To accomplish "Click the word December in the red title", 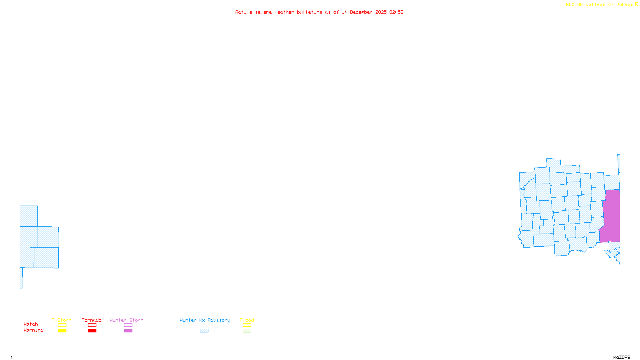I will (x=361, y=12).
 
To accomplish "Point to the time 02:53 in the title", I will (x=396, y=12).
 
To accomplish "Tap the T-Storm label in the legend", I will (x=62, y=320).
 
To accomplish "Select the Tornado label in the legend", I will (x=92, y=320).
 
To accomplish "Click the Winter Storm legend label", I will (x=126, y=320).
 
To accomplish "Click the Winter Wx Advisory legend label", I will (x=205, y=320).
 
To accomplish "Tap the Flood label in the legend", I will (x=247, y=320).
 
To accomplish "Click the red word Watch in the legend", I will (x=31, y=324).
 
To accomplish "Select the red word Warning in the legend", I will (x=34, y=330).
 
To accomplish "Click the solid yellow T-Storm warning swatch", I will (x=62, y=331).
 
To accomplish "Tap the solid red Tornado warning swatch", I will (x=92, y=331).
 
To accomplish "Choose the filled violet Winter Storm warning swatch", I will (x=128, y=331).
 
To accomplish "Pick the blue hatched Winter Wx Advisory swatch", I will (x=204, y=331).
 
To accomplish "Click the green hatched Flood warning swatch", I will (x=247, y=331).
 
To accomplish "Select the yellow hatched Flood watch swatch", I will (x=247, y=325).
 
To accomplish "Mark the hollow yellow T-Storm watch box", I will (x=62, y=325).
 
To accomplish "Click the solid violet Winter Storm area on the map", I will (x=611, y=216).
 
